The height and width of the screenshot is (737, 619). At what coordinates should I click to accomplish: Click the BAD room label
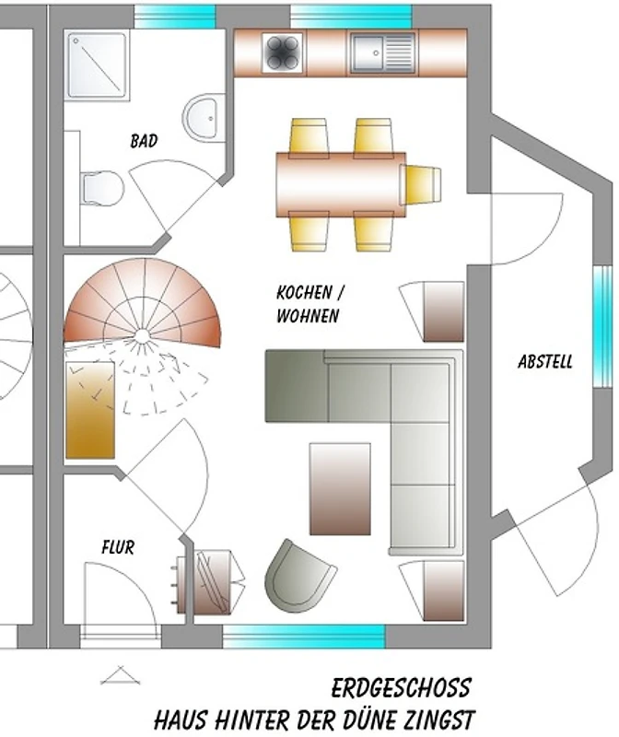coord(144,141)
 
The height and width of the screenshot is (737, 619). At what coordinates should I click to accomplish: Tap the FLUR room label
coord(118,547)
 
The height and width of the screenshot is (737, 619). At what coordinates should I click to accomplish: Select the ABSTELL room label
coord(545,361)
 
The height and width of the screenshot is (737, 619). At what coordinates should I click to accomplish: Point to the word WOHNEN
coord(308,315)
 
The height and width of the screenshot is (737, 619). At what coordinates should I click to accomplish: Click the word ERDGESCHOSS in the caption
coord(401,688)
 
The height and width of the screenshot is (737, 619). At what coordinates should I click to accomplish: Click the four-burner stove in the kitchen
coord(282,53)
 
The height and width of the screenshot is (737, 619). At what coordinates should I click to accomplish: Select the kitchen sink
coord(382,53)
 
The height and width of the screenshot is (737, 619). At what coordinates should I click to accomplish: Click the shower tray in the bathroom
coord(98,65)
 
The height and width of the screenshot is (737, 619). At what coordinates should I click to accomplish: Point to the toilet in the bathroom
coord(102,189)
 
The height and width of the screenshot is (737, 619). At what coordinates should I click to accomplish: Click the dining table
coord(341,184)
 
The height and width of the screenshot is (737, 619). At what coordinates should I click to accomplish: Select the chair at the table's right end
coord(421,185)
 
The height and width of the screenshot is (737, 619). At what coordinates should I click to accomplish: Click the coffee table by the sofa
coord(340,489)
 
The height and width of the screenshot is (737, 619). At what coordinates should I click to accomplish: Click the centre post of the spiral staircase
coord(142,335)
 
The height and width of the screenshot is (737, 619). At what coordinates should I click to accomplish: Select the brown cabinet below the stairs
coord(90,410)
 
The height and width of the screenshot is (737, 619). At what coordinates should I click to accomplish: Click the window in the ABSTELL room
coord(602,327)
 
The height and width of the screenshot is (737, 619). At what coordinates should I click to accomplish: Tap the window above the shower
coord(175,17)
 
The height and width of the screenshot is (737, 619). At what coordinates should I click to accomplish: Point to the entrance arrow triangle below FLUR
coord(121,675)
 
